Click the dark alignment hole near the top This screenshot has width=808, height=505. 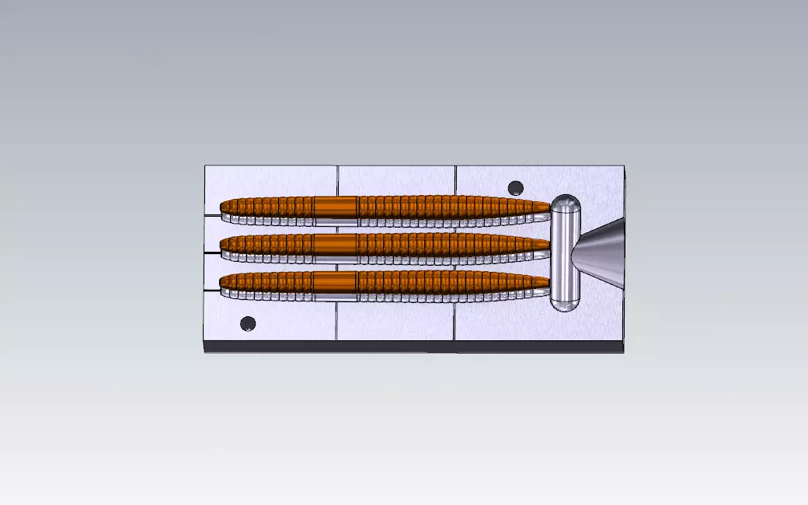point(515,188)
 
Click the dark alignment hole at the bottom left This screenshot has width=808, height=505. point(248,323)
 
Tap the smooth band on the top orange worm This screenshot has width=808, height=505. point(335,206)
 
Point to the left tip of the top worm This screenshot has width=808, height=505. point(223,207)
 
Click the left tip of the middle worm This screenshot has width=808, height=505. point(223,245)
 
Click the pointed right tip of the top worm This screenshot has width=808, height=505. point(548,207)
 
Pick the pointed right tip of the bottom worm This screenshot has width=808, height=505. point(548,284)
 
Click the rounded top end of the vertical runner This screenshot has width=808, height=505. point(566,202)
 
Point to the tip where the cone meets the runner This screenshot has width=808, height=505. point(573,252)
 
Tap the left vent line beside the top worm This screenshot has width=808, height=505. point(211,214)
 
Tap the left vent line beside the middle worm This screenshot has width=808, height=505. point(211,252)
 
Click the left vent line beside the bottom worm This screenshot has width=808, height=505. point(211,290)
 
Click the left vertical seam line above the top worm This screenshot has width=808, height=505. point(338,180)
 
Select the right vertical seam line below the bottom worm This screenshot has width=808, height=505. point(455,322)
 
